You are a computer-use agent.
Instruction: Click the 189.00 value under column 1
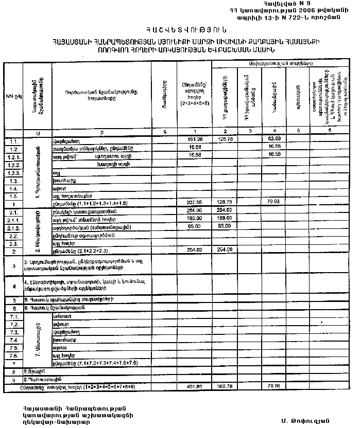(194, 219)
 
